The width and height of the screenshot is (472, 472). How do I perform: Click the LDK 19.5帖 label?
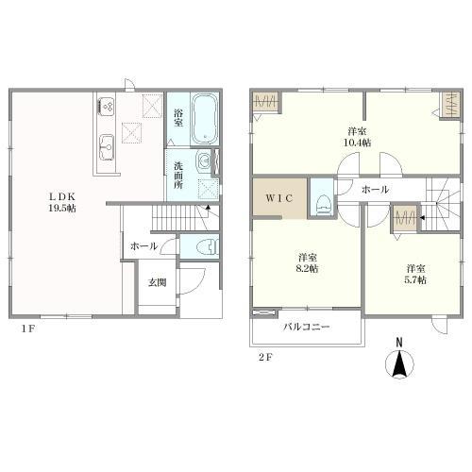[x=62, y=202]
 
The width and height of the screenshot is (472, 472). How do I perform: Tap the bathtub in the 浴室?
[x=205, y=120]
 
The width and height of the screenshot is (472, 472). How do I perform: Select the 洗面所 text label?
[x=178, y=176]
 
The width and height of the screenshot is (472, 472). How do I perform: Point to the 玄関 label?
[x=157, y=282]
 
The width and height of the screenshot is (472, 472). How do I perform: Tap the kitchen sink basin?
[x=107, y=147]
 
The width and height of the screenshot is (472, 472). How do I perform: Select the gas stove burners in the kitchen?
[x=107, y=107]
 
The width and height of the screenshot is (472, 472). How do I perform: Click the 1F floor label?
[x=27, y=329]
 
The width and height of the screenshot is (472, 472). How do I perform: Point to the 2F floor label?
[x=265, y=358]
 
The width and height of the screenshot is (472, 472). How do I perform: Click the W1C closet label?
[x=279, y=198]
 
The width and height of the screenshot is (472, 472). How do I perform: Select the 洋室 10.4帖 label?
[x=357, y=137]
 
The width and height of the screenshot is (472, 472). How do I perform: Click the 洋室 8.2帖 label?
[x=308, y=263]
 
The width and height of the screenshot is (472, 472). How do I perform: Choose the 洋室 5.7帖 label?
[x=415, y=275]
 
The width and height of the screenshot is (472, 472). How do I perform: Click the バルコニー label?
[x=306, y=327]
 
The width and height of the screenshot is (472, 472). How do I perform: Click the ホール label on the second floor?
[x=375, y=190]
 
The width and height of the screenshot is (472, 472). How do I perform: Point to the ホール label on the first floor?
[x=143, y=246]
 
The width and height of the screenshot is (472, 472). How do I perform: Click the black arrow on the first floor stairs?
[x=208, y=208]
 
